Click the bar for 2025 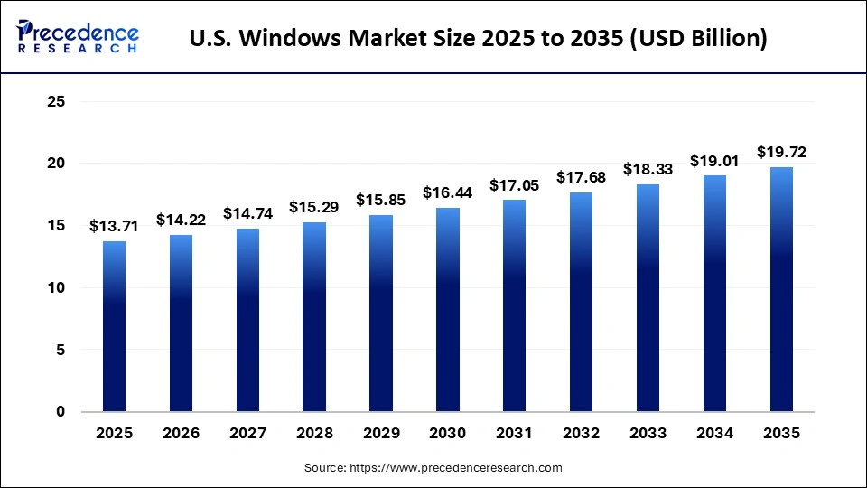click(x=114, y=326)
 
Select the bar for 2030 click(x=447, y=310)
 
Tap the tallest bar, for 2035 click(x=781, y=289)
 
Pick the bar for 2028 click(x=314, y=317)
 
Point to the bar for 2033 click(x=648, y=298)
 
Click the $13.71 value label click(x=114, y=226)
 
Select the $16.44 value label click(x=447, y=192)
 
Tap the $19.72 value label click(x=781, y=151)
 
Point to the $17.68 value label click(x=581, y=177)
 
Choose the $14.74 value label click(x=247, y=213)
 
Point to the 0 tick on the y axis click(x=61, y=412)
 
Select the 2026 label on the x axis click(x=181, y=434)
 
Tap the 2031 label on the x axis click(x=514, y=434)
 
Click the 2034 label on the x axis click(x=714, y=434)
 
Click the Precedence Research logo click(x=78, y=36)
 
